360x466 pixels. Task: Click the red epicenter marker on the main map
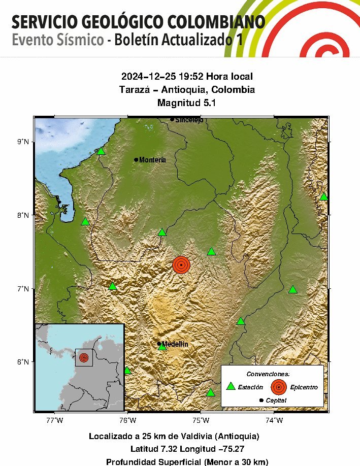[181, 264]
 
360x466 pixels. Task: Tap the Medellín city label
[175, 344]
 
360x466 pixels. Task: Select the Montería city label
[152, 160]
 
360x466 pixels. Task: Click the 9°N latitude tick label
[23, 142]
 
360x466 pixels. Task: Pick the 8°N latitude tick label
[23, 215]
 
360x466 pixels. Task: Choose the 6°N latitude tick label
[23, 362]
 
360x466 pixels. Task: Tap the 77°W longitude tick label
[54, 420]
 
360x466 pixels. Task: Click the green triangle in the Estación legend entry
[231, 386]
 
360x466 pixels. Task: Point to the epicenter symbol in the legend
[278, 387]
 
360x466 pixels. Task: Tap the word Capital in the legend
[276, 401]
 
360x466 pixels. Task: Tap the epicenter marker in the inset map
[84, 357]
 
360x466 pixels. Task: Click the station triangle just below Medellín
[162, 347]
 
